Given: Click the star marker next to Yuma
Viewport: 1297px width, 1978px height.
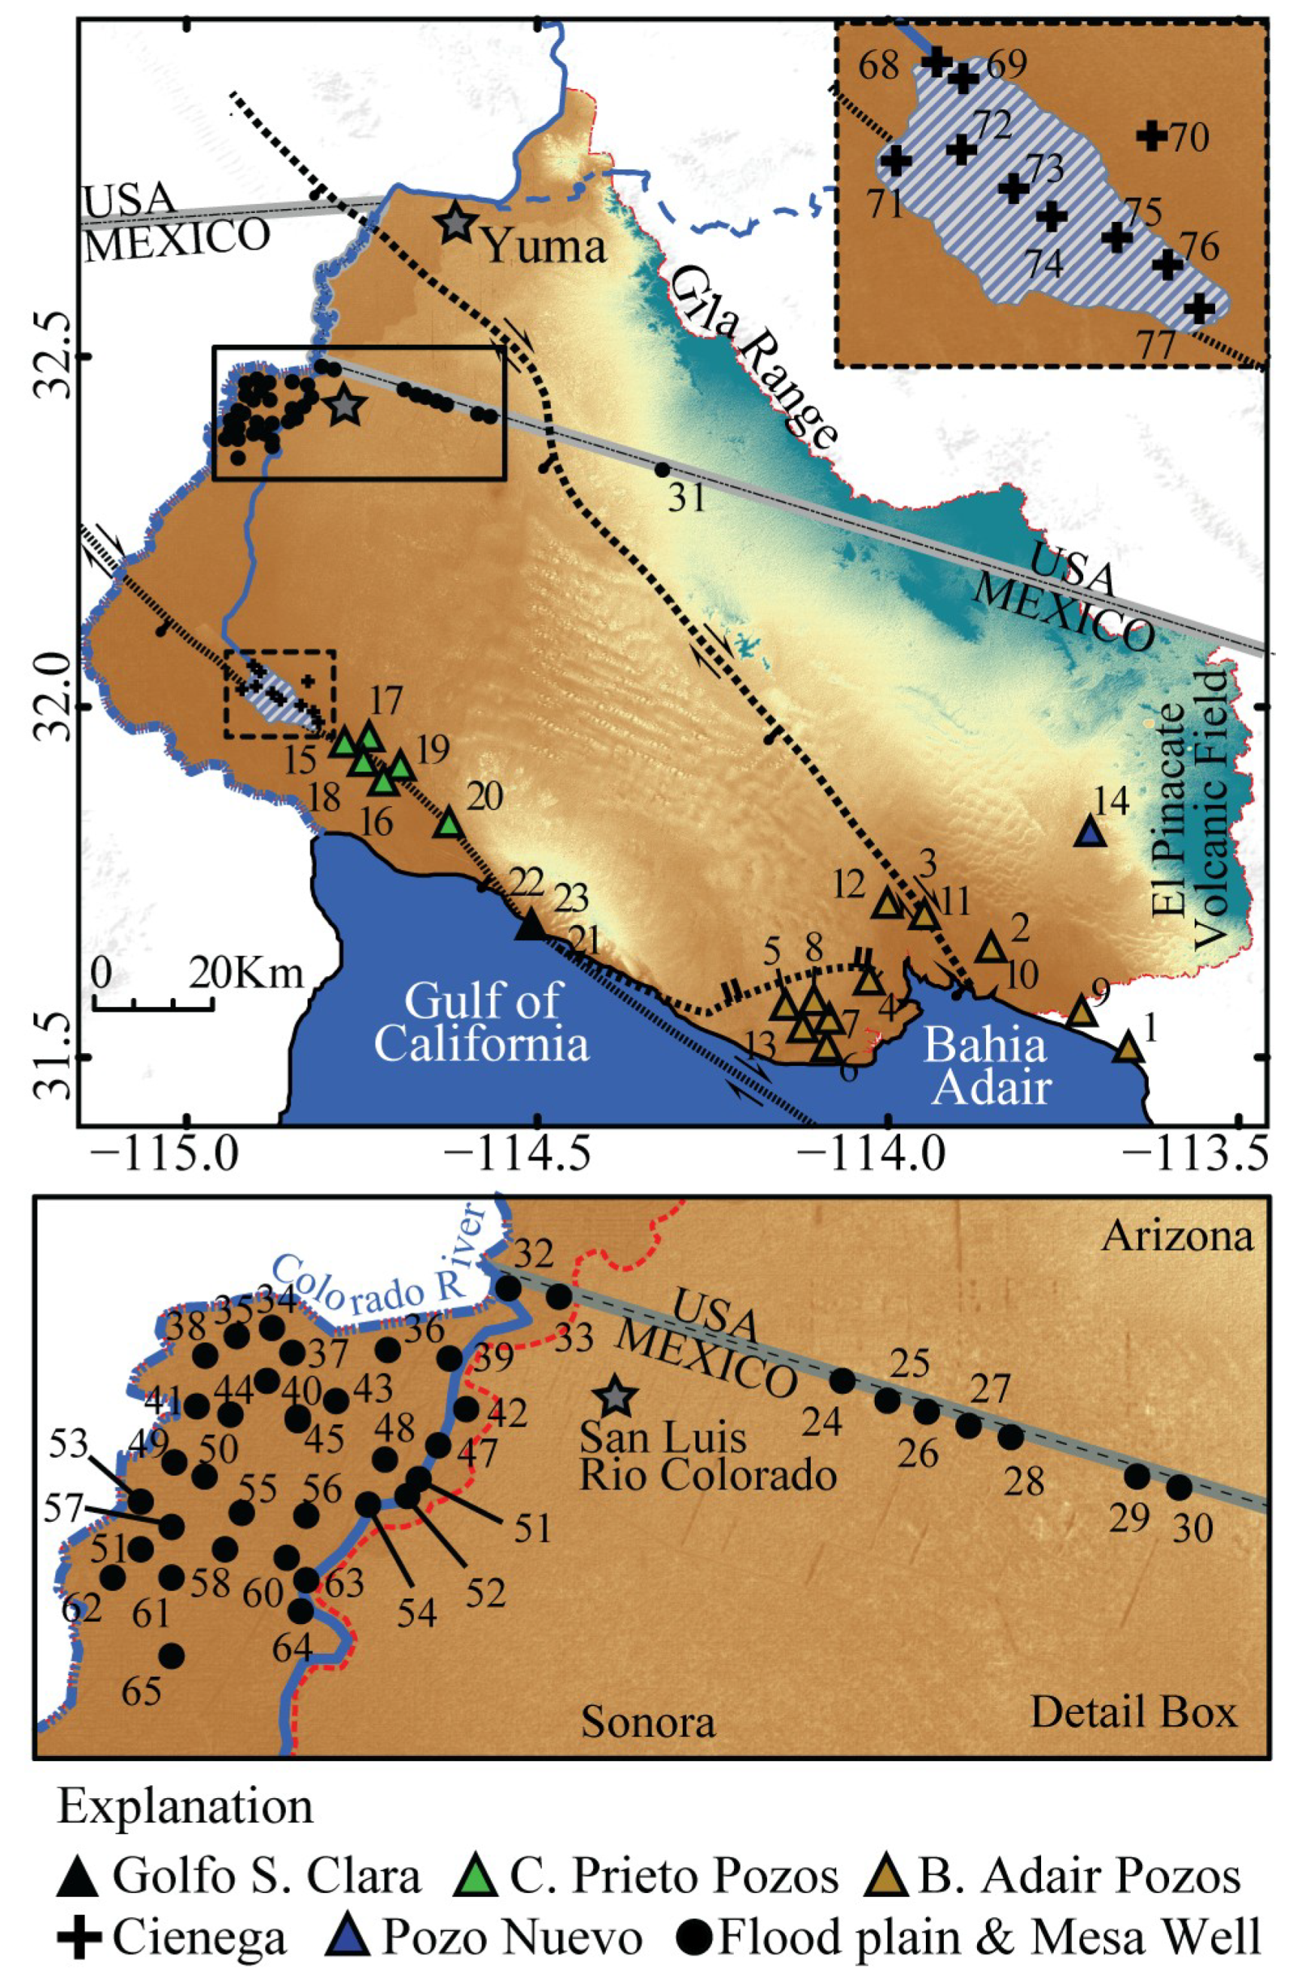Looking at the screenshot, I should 455,222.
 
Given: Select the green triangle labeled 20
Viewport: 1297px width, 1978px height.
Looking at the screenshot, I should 449,823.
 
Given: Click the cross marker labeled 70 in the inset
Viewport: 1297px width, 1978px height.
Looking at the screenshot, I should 1152,135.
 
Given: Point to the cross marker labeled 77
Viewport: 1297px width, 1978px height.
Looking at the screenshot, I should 1198,308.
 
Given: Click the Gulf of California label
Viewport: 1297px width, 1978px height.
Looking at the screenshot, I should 480,1022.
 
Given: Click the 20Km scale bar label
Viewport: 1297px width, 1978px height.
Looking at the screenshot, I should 245,972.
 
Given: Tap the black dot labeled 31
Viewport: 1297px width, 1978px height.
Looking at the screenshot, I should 662,470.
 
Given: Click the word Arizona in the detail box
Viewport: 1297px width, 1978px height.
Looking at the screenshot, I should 1177,1237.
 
